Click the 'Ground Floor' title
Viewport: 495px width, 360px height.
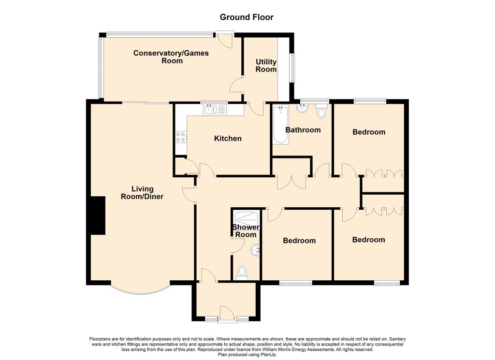tap(247, 17)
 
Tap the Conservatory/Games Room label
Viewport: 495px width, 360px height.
tap(171, 57)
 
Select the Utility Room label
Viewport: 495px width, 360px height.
tap(266, 65)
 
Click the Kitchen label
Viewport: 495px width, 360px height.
tap(228, 138)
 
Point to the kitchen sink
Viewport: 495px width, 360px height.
tap(215, 110)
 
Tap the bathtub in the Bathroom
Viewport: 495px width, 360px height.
tap(281, 125)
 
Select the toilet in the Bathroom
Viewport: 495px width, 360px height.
tap(321, 111)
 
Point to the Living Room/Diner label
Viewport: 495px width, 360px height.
tap(142, 192)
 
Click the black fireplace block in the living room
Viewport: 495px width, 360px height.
tap(98, 216)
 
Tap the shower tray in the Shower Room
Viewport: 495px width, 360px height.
tap(247, 218)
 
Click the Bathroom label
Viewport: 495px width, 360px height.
tap(303, 130)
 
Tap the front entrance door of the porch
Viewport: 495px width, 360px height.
tap(227, 314)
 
